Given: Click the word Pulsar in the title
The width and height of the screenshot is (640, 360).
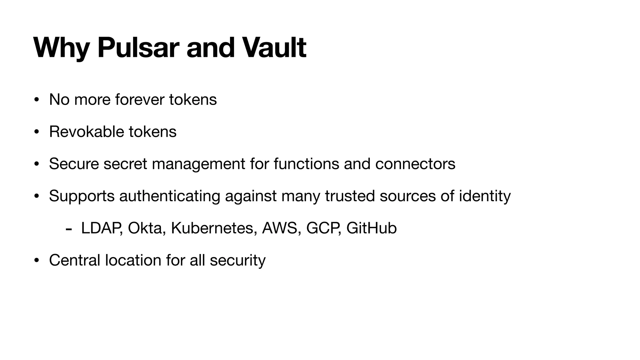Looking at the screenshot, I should (138, 47).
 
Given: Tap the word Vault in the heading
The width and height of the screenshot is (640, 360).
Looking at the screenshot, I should (274, 47).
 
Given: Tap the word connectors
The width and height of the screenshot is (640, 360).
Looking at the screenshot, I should (415, 164).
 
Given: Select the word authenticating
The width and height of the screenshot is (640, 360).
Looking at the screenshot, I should (170, 196).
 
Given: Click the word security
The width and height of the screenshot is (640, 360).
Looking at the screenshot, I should (237, 261).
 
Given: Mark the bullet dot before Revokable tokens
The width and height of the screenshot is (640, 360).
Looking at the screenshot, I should (37, 132).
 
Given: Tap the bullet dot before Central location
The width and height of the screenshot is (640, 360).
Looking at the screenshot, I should (37, 260).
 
